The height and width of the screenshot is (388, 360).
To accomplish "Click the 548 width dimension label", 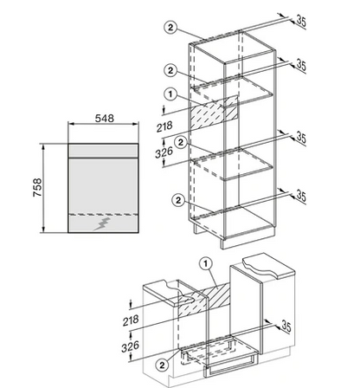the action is pyautogui.click(x=105, y=118).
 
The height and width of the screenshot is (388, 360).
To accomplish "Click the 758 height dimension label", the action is pyautogui.click(x=37, y=188).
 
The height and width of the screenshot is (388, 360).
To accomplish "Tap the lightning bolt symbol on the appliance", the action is pyautogui.click(x=102, y=224).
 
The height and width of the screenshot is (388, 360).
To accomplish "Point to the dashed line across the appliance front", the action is pyautogui.click(x=103, y=215).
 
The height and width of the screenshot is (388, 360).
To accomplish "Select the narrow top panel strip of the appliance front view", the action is pyautogui.click(x=103, y=151).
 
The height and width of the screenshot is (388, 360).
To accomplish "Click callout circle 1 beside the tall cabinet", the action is pyautogui.click(x=170, y=94).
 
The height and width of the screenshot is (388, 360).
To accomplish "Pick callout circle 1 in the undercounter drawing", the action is pyautogui.click(x=206, y=263).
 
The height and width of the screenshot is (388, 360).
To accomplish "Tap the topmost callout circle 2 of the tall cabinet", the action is pyautogui.click(x=170, y=28).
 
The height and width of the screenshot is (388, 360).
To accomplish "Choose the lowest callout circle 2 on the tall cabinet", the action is pyautogui.click(x=178, y=200).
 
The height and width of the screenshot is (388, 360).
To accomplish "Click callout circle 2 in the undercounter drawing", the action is pyautogui.click(x=162, y=365).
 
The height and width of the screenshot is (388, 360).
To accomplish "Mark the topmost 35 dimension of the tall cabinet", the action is pyautogui.click(x=301, y=22).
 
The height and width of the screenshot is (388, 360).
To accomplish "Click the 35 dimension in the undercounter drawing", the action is pyautogui.click(x=286, y=327).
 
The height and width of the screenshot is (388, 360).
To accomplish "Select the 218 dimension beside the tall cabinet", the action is pyautogui.click(x=164, y=126).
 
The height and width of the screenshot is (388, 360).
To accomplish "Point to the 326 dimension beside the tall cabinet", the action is pyautogui.click(x=164, y=152).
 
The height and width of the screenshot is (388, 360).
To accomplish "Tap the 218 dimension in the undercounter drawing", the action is pyautogui.click(x=131, y=320).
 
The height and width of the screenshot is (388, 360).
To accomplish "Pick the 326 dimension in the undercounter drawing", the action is pyautogui.click(x=130, y=346).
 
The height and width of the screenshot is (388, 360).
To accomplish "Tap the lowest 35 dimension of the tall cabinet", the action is pyautogui.click(x=301, y=197).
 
